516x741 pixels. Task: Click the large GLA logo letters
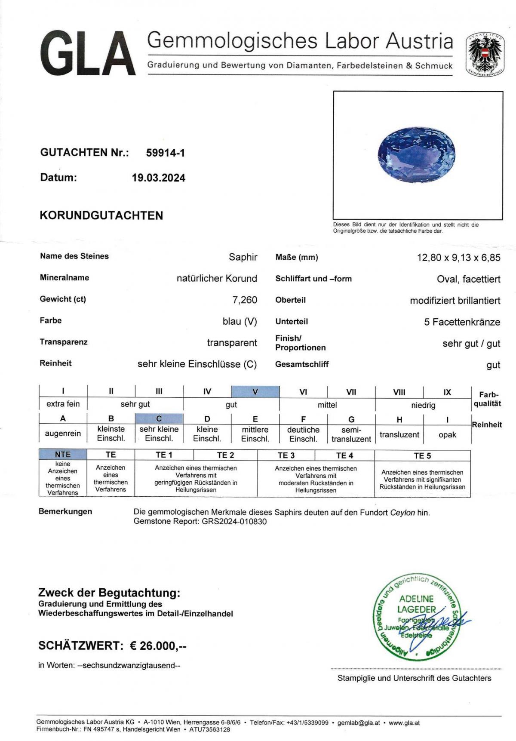88,54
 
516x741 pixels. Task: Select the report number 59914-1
166,153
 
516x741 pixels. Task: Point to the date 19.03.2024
159,178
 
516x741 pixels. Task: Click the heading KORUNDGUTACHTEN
101,215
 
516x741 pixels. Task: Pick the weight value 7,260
245,300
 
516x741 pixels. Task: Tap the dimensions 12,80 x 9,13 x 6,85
458,258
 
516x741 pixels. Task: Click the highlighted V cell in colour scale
255,392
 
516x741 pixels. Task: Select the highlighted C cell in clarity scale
159,418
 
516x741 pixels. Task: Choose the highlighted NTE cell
63,455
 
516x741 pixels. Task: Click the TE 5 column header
422,455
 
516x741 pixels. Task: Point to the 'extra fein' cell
63,404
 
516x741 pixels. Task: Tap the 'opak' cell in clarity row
447,435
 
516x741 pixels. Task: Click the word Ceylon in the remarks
402,513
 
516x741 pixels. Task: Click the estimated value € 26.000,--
158,646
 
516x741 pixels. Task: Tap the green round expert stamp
416,616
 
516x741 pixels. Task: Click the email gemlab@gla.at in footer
359,723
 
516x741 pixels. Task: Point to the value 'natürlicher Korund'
217,278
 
